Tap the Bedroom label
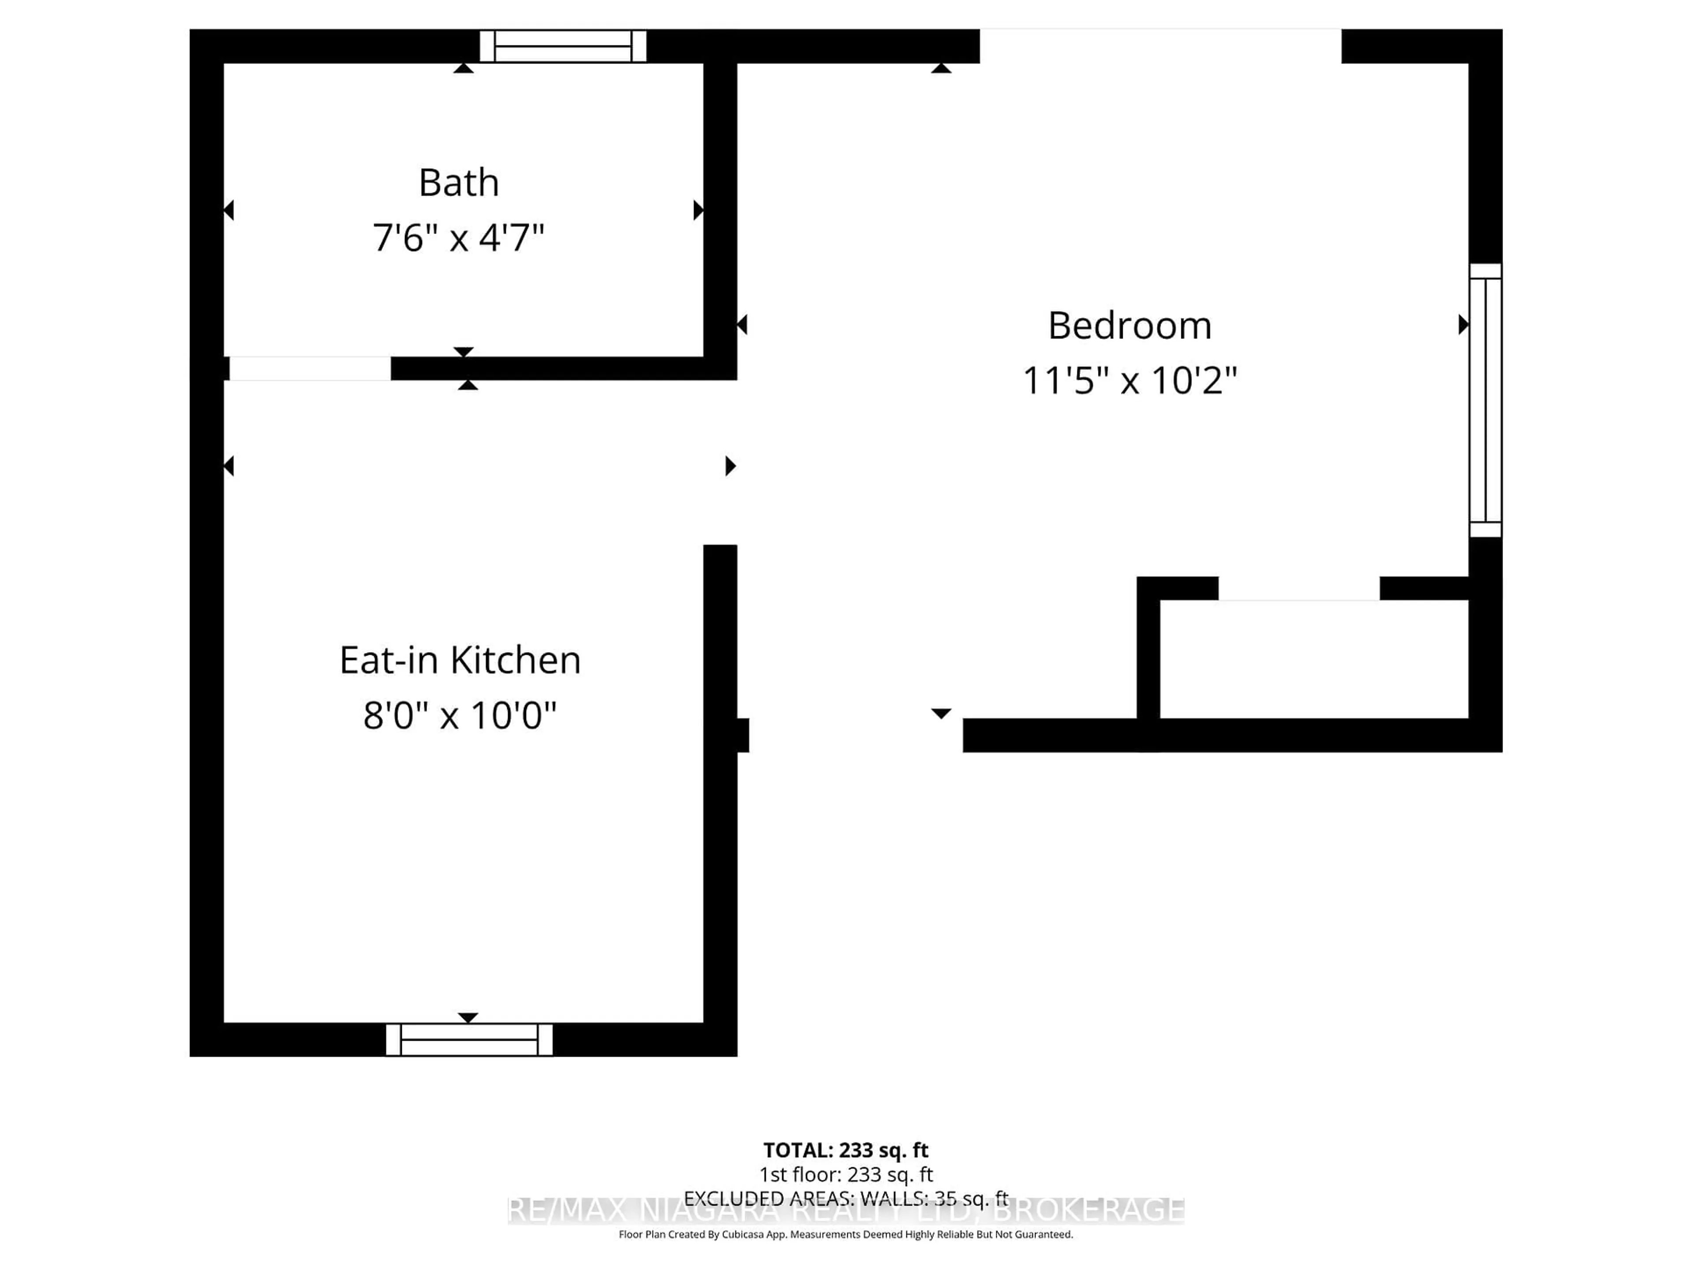pyautogui.click(x=1129, y=326)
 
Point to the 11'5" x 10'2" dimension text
pyautogui.click(x=1129, y=380)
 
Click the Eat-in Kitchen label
pyautogui.click(x=460, y=660)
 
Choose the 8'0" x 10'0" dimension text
pyautogui.click(x=460, y=716)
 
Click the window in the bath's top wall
pyautogui.click(x=563, y=46)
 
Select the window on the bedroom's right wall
pyautogui.click(x=1485, y=400)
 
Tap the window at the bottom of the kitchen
pyautogui.click(x=469, y=1039)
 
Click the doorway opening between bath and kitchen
pyautogui.click(x=310, y=368)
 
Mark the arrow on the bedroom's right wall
pyautogui.click(x=1462, y=325)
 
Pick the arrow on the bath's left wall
pyautogui.click(x=229, y=210)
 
